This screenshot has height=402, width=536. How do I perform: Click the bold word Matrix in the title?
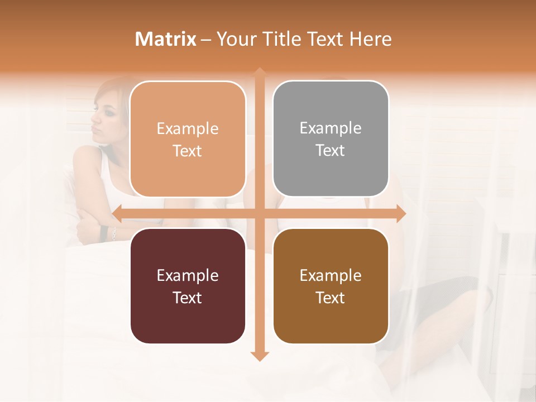click(166, 39)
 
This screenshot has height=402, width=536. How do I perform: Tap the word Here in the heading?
click(370, 39)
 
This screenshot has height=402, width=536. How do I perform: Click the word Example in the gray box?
click(331, 128)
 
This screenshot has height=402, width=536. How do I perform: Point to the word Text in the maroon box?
click(188, 298)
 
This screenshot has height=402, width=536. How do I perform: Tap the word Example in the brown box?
click(331, 275)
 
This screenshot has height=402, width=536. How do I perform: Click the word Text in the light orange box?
click(188, 151)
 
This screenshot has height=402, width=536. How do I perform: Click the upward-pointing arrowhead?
click(260, 73)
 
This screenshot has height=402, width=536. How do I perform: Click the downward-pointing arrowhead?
click(260, 356)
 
